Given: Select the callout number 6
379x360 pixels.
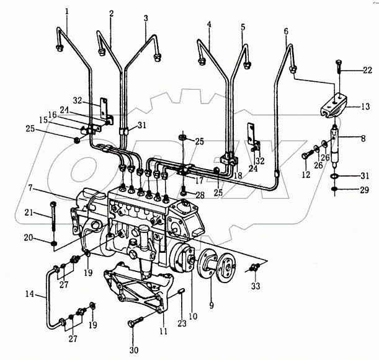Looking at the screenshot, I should tap(286, 30).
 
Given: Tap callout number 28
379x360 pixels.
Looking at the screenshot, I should tap(200, 196).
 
